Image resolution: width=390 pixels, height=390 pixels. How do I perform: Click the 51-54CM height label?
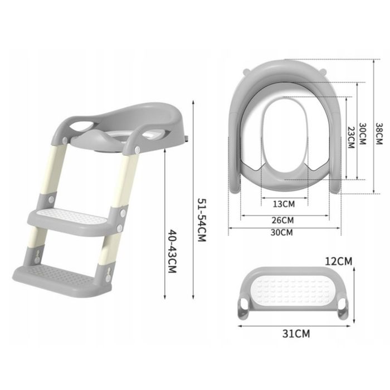click(x=202, y=220)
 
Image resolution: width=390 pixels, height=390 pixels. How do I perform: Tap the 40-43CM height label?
click(x=172, y=251)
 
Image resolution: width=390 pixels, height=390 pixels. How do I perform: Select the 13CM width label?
click(x=284, y=204)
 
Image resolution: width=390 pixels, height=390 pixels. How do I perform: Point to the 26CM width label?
click(x=282, y=220)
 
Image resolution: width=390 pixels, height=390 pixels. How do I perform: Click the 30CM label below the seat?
click(x=282, y=232)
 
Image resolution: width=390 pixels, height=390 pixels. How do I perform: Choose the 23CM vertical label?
click(x=351, y=138)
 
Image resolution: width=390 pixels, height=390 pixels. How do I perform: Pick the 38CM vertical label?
click(x=378, y=134)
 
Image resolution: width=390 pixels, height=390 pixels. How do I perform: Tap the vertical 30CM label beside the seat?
click(x=363, y=134)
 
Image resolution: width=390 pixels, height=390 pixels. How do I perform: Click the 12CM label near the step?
click(x=339, y=261)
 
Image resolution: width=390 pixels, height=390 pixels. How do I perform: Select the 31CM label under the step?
click(x=296, y=334)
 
